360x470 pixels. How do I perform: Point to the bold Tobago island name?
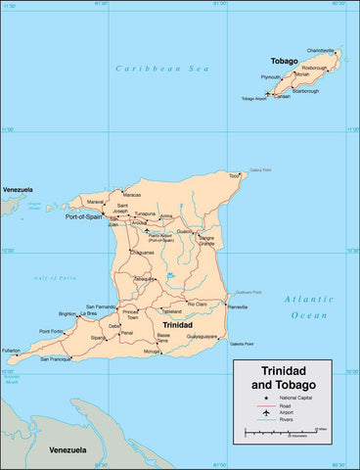pyautogui.click(x=284, y=60)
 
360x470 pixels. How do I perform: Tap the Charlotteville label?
pyautogui.click(x=320, y=50)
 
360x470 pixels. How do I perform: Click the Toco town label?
pyautogui.click(x=233, y=176)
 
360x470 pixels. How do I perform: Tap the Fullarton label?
pyautogui.click(x=12, y=350)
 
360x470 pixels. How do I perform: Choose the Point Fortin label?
pyautogui.click(x=51, y=331)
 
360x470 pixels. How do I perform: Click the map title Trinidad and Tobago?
pyautogui.click(x=282, y=378)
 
